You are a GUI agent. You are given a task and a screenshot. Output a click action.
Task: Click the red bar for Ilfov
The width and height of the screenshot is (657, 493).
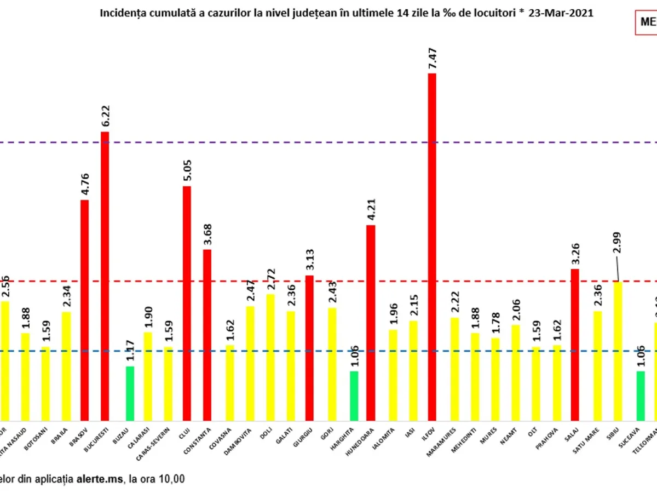[432, 246]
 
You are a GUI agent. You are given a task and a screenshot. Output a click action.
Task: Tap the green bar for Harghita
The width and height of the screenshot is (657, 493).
[354, 395]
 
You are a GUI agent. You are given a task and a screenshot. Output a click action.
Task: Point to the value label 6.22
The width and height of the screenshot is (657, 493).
[106, 116]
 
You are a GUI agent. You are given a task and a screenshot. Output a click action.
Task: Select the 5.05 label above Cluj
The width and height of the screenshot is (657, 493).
[187, 171]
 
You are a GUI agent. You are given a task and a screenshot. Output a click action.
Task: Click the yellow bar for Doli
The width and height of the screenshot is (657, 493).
[270, 357]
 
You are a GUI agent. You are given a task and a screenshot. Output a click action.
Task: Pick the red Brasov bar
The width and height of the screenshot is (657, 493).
[85, 309]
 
